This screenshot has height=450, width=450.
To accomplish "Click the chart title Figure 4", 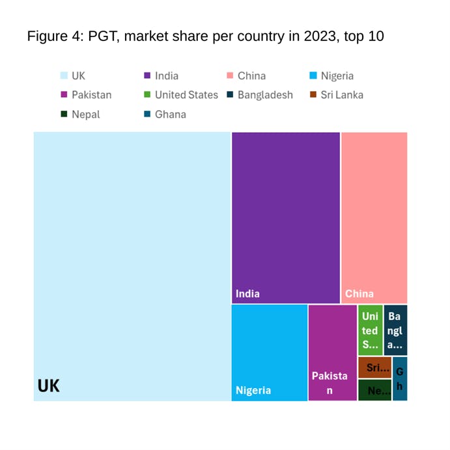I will (x=205, y=36).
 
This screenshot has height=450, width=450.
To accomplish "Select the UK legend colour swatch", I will (x=64, y=76).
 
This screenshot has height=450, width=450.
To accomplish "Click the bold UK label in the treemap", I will (x=49, y=386).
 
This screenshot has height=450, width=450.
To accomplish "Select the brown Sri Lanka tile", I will (x=374, y=367).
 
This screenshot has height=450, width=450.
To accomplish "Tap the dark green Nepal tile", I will (x=374, y=390).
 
